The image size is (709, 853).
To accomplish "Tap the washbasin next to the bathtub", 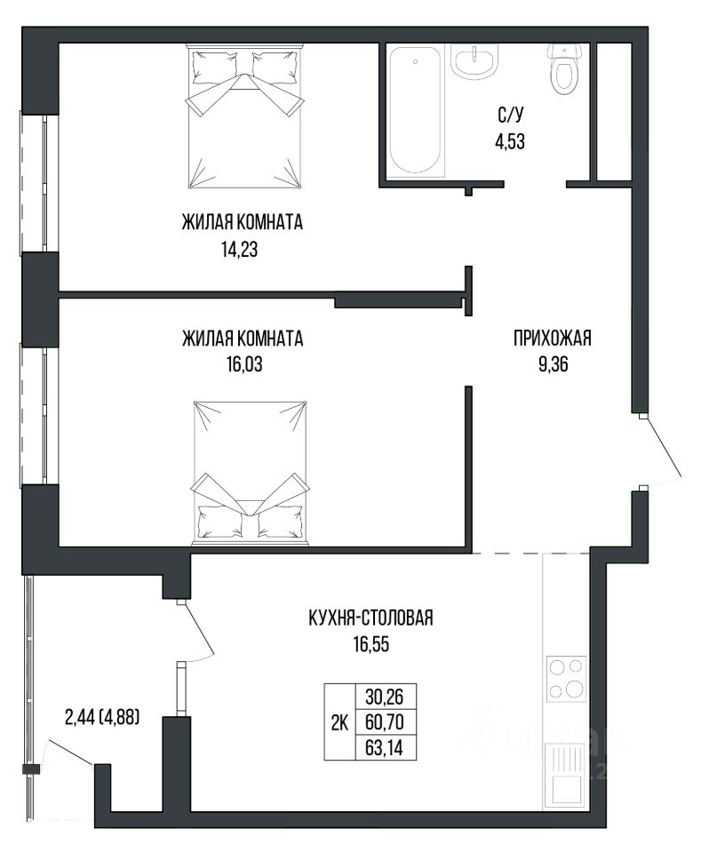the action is (474, 61).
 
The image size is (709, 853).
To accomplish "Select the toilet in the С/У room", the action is (566, 69).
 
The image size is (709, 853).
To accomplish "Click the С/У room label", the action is (510, 116).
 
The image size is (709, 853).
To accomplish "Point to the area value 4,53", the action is (510, 141).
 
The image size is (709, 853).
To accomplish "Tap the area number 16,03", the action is (244, 364).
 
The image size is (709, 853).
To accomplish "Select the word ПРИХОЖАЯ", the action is (553, 338).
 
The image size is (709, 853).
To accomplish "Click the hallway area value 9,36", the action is (553, 364).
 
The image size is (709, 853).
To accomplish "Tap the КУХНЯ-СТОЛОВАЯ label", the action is (371, 618).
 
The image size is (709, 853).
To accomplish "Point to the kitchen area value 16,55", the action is (371, 644).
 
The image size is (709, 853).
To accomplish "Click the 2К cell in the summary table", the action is (339, 721).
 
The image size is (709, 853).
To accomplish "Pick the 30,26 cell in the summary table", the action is (385, 697).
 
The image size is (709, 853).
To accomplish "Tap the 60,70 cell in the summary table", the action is (385, 721).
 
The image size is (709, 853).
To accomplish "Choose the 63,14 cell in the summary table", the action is (385, 747).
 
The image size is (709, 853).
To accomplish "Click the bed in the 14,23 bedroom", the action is (245, 117).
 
